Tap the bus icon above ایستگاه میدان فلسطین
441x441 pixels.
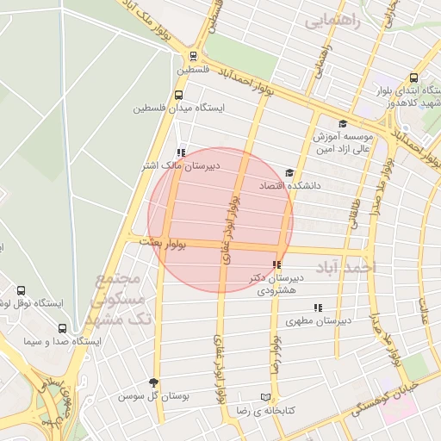pos(178,96)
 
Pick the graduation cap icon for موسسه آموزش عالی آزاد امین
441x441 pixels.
pos(343,123)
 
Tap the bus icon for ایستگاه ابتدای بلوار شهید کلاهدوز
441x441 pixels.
pos(414,78)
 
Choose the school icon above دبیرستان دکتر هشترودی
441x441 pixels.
pos(276,265)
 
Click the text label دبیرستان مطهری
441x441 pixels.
pos(318,321)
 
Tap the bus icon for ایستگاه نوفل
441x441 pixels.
pos(21,290)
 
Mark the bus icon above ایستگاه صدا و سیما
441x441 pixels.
pos(61,328)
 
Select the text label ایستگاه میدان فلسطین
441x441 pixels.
pos(179,109)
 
